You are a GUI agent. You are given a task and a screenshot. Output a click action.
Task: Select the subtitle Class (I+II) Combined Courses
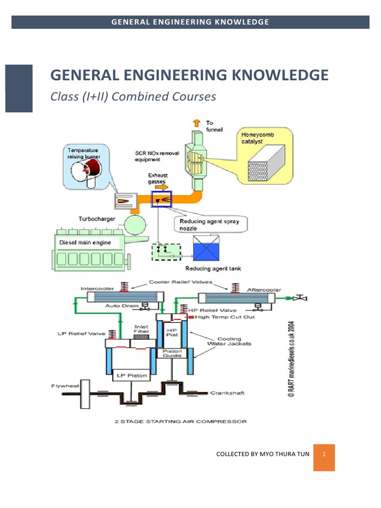click(133, 96)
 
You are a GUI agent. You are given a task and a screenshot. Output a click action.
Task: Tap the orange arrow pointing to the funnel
click(196, 123)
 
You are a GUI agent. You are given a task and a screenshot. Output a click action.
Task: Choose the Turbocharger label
click(98, 219)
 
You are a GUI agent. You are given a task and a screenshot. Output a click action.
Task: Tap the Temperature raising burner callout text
click(83, 153)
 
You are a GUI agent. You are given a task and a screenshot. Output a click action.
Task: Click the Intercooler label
click(97, 289)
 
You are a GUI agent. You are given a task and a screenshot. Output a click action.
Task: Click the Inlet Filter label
click(141, 329)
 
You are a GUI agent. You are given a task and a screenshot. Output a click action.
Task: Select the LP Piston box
click(130, 376)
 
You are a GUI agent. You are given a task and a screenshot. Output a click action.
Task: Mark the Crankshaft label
click(228, 393)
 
